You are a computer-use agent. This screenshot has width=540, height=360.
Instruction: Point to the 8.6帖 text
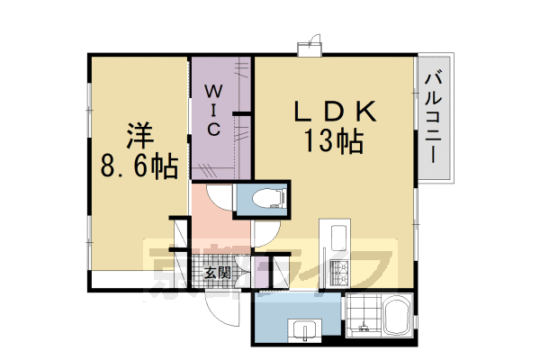click(x=139, y=167)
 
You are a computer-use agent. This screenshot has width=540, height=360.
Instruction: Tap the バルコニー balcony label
click(x=434, y=116)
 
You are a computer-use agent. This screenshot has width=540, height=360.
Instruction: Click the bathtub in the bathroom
click(x=397, y=320)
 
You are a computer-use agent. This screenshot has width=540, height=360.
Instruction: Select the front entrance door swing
click(x=219, y=311)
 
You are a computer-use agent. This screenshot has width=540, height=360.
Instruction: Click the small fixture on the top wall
click(x=310, y=46)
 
